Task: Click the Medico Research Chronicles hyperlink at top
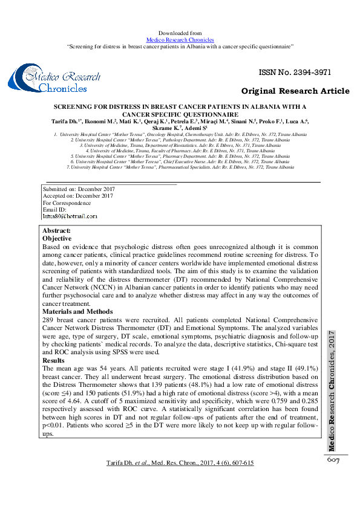pos(180,39)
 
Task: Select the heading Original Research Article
pos(295,91)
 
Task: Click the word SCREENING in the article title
pos(75,106)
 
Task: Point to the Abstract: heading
pos(56,231)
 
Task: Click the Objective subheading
pos(56,239)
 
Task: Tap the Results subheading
pos(53,360)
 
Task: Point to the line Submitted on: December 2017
pos(77,189)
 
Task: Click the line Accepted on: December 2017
pos(77,196)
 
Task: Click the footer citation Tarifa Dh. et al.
pos(180,463)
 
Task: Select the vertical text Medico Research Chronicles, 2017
pos(332,391)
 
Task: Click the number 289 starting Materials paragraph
pos(48,320)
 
